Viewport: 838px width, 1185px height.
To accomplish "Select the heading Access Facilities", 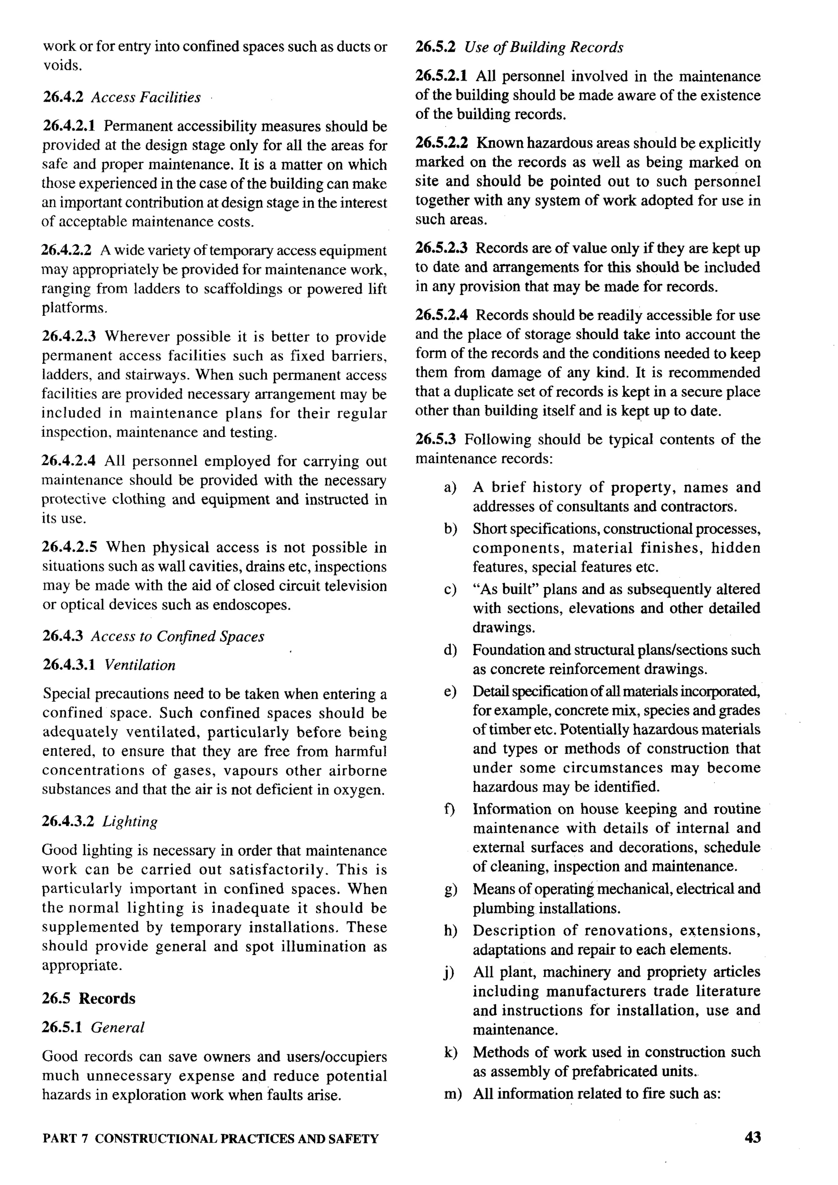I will click(x=146, y=97).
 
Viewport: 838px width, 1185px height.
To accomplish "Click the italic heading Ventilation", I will click(x=140, y=665).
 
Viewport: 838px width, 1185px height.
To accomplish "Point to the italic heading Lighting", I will click(x=130, y=821).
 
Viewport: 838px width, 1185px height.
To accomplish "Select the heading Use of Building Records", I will click(x=543, y=47).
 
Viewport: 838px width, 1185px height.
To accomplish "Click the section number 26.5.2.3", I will click(x=441, y=248).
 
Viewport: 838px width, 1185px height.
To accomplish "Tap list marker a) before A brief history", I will click(x=450, y=488).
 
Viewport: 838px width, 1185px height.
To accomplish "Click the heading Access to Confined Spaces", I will click(x=178, y=636).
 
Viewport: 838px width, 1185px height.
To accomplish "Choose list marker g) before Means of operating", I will click(x=450, y=889).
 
